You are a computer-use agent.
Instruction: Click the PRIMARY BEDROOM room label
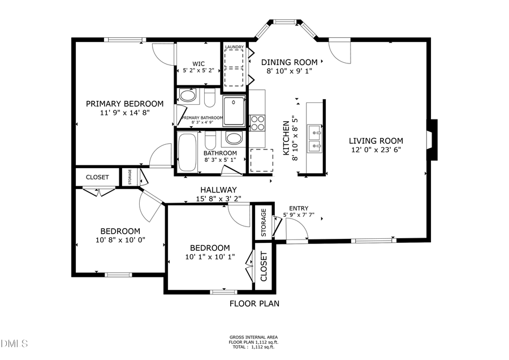tap(124, 104)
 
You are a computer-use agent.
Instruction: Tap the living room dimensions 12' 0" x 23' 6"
tap(376, 150)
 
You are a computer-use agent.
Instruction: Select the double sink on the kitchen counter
tap(314, 139)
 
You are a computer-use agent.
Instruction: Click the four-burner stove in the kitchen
tap(257, 123)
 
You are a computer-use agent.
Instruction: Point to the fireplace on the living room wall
tap(432, 140)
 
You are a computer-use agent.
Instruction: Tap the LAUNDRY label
tap(234, 47)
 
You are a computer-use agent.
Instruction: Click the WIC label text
tap(198, 63)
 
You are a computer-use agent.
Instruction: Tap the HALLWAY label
tap(218, 190)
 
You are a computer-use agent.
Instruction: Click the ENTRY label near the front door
tap(299, 208)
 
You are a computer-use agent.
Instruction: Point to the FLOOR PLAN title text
tap(254, 303)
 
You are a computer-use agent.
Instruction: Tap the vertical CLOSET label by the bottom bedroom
tap(264, 266)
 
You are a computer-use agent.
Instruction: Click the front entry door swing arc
tap(297, 228)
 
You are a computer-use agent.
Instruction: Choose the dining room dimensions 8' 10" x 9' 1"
tap(289, 71)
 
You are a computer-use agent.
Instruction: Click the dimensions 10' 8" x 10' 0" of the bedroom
tap(120, 240)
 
